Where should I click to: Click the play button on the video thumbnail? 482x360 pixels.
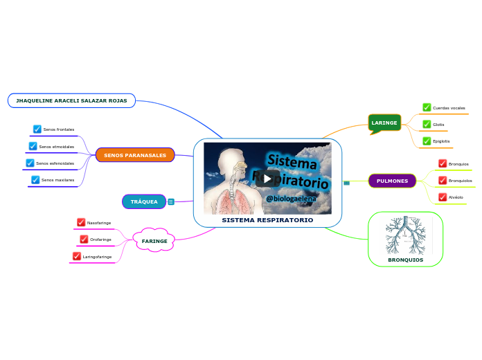267,177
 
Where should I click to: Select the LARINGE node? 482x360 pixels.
384,123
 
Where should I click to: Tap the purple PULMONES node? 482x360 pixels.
392,181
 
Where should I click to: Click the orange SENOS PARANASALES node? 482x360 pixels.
135,155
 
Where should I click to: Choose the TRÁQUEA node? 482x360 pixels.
144,201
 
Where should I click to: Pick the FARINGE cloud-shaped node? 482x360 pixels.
154,241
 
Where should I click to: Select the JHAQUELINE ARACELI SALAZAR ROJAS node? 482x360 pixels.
71,100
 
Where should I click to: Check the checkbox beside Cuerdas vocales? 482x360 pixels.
427,107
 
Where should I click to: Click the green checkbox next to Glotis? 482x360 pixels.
427,124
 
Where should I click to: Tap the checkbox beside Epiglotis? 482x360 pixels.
427,141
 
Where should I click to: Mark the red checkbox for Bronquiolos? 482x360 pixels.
443,180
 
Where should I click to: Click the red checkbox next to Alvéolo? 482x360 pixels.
443,197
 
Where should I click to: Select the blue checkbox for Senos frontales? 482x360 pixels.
37,129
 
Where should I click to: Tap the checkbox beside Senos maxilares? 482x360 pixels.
35,179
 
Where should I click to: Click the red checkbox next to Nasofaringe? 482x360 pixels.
81,222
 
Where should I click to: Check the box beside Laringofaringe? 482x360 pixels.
77,256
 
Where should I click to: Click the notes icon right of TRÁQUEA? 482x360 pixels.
171,201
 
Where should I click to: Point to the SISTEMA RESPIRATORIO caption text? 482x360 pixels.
267,219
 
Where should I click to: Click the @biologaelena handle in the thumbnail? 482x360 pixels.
291,199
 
